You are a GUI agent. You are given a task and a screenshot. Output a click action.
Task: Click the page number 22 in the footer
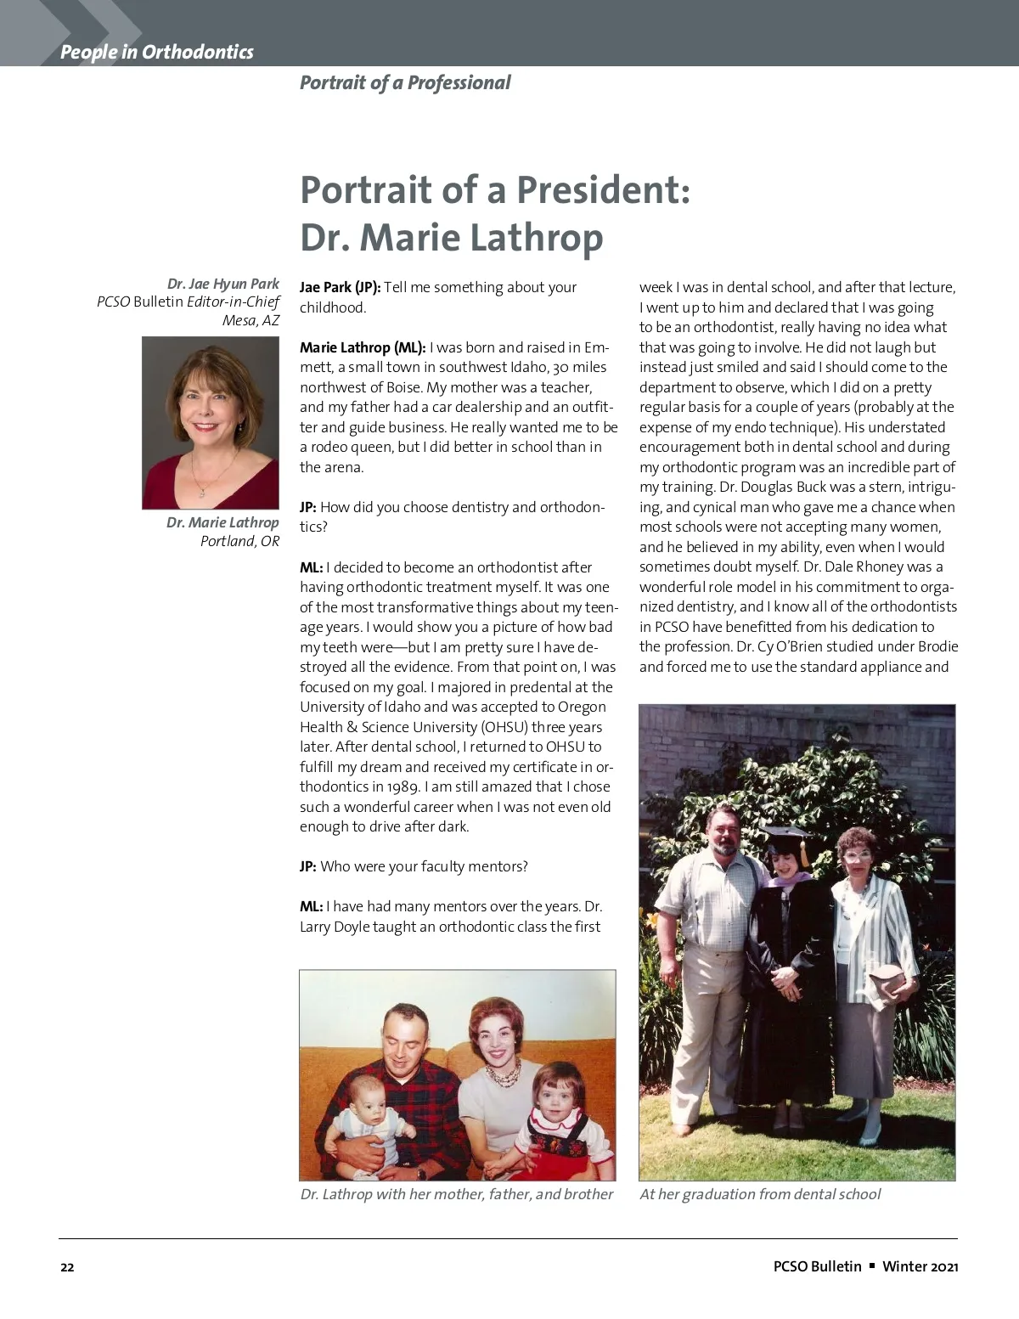pos(67,1267)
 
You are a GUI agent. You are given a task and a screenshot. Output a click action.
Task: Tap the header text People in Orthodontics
pos(157,52)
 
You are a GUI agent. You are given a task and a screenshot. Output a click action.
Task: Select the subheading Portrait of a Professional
pos(405,82)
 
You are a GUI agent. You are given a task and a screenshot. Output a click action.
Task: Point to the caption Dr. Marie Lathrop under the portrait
pos(222,522)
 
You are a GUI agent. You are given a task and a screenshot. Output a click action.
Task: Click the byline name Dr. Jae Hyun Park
pos(223,284)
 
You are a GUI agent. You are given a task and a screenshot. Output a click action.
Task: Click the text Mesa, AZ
pos(251,320)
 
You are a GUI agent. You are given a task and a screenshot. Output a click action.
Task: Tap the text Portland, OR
pos(239,541)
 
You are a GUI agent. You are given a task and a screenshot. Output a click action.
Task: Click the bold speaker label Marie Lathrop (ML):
pos(363,347)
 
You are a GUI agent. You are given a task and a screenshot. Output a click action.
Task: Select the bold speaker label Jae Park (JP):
pos(340,287)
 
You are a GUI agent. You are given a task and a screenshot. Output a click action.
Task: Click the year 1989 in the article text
pos(403,786)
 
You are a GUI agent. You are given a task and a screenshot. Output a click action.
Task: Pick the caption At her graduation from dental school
pos(760,1194)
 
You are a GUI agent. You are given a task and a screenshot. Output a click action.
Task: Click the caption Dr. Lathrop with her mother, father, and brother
pos(457,1194)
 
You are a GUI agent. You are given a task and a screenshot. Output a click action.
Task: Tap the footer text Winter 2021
pos(920,1266)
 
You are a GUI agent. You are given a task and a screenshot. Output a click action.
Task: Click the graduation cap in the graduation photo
pos(785,836)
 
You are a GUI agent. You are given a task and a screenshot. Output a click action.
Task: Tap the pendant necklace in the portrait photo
pos(201,492)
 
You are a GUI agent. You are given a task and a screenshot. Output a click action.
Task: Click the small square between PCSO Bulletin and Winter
pos(872,1265)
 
